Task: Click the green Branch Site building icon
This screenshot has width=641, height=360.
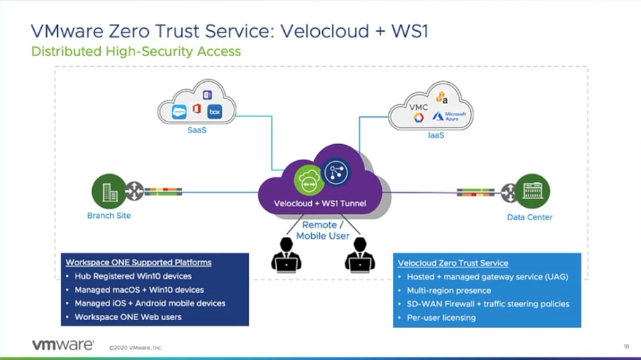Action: point(109,191)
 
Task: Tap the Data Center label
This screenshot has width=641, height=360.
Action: point(529,217)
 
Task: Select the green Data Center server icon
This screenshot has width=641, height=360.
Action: point(532,191)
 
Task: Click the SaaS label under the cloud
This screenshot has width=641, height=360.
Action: point(197,130)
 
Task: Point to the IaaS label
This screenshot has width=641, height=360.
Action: point(436,136)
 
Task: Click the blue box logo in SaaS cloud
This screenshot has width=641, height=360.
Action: point(214,112)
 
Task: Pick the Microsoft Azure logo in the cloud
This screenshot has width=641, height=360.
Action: point(449,116)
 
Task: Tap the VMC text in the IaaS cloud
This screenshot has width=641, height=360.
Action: point(418,107)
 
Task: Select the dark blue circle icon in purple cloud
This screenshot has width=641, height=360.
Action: point(336,171)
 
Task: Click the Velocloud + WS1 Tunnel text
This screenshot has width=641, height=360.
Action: point(320,203)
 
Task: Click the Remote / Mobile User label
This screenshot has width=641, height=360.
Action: point(323,230)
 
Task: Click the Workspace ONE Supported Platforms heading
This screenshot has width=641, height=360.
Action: point(138,262)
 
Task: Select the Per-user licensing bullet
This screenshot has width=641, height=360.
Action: point(441,318)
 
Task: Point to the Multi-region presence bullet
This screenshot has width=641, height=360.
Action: point(449,291)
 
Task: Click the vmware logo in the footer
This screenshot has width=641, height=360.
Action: point(63,345)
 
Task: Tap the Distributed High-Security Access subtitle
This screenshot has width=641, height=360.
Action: point(136,51)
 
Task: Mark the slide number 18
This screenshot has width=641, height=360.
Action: point(626,346)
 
